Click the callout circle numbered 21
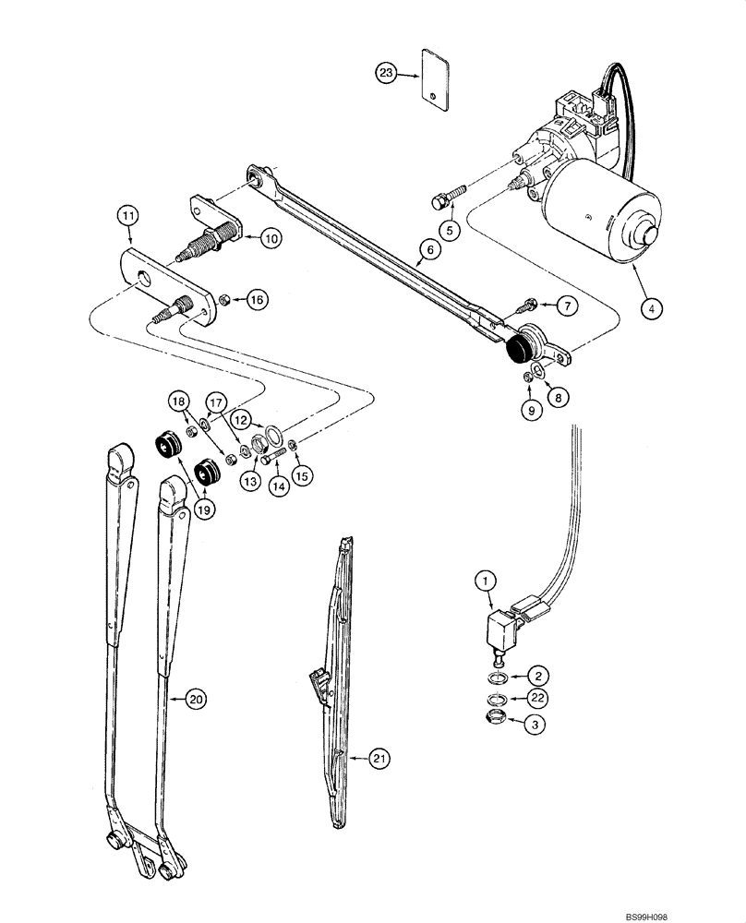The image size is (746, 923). click(x=379, y=759)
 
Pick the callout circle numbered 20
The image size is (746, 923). click(x=193, y=700)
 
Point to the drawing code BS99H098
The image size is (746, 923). click(x=694, y=910)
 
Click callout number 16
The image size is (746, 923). click(x=257, y=299)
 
